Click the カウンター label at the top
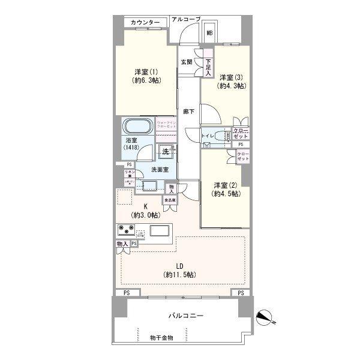[x=145, y=23]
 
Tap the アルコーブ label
[x=185, y=19]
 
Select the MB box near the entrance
[x=211, y=34]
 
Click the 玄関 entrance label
[x=186, y=62]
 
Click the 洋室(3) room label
[x=232, y=81]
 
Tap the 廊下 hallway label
[x=188, y=112]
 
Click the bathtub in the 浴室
[x=139, y=127]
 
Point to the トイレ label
[x=209, y=136]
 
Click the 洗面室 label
[x=159, y=170]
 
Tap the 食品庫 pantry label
[x=170, y=200]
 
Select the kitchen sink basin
[x=161, y=231]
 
